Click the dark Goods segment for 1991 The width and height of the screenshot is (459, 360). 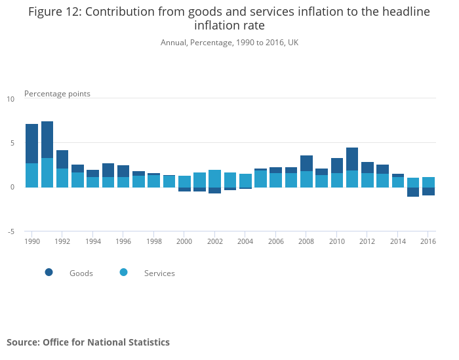tap(47, 140)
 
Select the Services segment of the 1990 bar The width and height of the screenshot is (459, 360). tap(31, 175)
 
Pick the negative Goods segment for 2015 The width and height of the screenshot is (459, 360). tap(413, 191)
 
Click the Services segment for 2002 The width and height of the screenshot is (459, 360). tap(215, 178)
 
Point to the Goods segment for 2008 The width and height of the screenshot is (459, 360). tap(306, 163)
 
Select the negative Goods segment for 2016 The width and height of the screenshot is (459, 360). tap(428, 191)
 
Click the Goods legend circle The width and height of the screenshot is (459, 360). tap(49, 272)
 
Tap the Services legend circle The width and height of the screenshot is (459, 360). tap(124, 272)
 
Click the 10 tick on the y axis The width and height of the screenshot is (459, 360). tap(10, 99)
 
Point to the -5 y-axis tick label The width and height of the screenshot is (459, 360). tap(10, 231)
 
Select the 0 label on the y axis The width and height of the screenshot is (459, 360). tap(11, 187)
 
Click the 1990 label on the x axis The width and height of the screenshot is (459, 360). tap(31, 241)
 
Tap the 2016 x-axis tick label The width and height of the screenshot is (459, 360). tap(428, 241)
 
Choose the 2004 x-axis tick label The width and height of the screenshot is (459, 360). tap(245, 241)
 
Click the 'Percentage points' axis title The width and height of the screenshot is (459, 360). tap(57, 94)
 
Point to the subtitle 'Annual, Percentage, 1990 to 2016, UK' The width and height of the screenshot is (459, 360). tap(229, 43)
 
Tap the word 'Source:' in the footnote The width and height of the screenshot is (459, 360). tap(23, 342)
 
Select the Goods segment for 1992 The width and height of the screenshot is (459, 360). tap(62, 159)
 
